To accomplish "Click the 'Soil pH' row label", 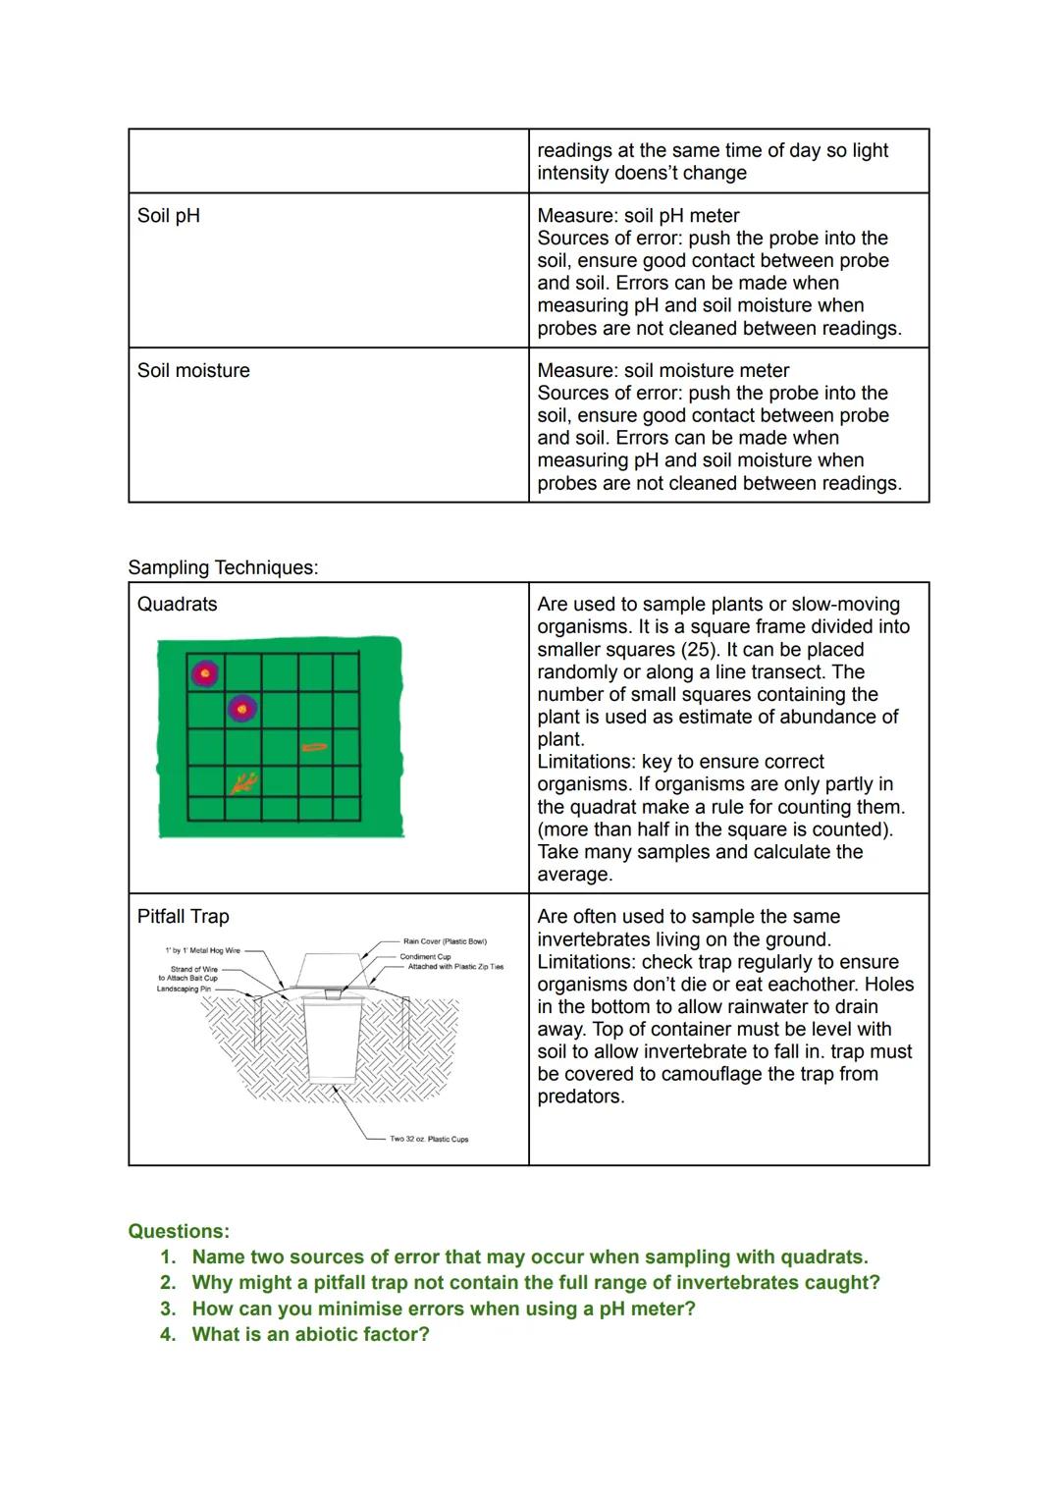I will (169, 216).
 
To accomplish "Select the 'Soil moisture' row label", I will (193, 371).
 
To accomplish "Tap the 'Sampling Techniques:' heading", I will (223, 567).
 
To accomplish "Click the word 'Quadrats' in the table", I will (177, 605).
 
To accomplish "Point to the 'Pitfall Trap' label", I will (183, 917).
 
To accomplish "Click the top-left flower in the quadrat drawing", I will (204, 673).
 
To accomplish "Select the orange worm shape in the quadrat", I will (314, 748).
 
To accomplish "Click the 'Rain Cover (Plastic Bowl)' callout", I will (445, 941).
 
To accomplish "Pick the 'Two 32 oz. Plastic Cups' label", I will (429, 1139).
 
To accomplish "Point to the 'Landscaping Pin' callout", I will (184, 989).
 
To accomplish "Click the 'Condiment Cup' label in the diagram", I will (425, 956).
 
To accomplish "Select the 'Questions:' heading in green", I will (179, 1232).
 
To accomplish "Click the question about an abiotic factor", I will (310, 1334).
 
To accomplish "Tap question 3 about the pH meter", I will (443, 1309).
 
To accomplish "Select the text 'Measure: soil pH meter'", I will (638, 216).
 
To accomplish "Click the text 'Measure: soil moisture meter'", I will (662, 371).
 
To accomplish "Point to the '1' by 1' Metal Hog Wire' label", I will (202, 950).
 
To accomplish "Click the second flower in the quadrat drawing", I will (242, 707).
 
